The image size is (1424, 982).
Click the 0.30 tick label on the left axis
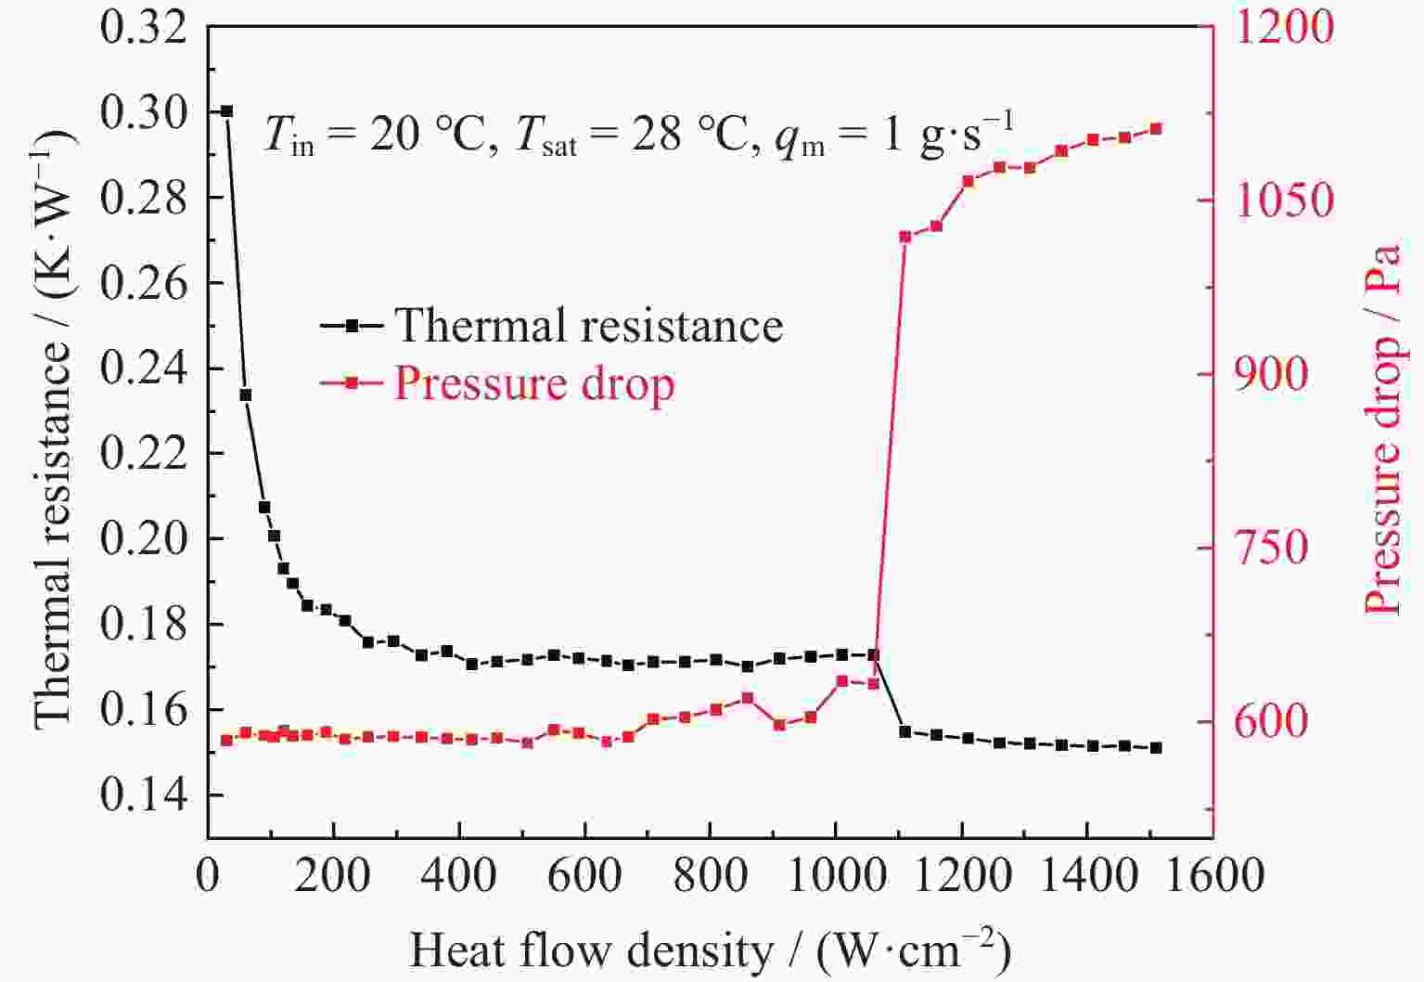click(144, 112)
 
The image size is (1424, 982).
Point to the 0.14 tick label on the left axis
click(144, 795)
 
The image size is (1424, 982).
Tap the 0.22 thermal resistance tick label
click(144, 454)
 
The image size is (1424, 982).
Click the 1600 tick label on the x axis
click(1213, 875)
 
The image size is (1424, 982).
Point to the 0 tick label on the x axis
click(208, 875)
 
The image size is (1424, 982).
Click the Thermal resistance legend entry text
click(588, 326)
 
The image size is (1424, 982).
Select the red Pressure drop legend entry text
click(534, 383)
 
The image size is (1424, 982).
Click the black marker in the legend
click(351, 326)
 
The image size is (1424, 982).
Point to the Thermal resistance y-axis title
click(53, 427)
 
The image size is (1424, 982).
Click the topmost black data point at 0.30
click(226, 111)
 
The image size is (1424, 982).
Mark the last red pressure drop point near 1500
click(1156, 129)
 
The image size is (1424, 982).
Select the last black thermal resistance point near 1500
click(1156, 747)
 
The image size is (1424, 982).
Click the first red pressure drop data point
click(226, 740)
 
